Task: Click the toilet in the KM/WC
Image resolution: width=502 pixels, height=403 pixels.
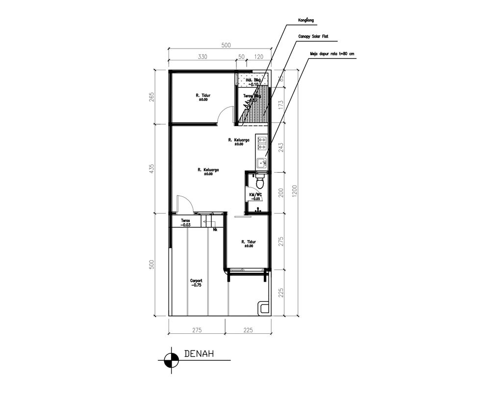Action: [x=261, y=182]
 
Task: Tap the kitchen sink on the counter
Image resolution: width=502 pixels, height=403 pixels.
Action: [x=261, y=161]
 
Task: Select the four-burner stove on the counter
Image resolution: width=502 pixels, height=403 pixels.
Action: [x=261, y=143]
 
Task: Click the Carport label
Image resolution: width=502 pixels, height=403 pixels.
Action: [x=196, y=283]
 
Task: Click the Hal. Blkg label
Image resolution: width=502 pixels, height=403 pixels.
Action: [x=252, y=81]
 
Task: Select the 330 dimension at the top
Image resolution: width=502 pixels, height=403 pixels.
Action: [x=202, y=57]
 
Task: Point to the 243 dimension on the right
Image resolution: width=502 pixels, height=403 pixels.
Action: [x=280, y=147]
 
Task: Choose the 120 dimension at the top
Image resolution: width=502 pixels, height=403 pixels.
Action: [x=259, y=57]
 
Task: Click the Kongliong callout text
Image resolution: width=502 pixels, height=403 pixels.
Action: [x=306, y=21]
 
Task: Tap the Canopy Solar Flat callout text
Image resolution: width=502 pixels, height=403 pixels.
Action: [x=313, y=37]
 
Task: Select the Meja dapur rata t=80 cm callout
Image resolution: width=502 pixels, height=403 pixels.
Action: [x=332, y=54]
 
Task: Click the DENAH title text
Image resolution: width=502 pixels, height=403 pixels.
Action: [x=198, y=353]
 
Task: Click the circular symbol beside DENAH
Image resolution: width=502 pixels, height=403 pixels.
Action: [x=171, y=360]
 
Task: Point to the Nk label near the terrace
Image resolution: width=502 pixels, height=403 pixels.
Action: [x=215, y=229]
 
